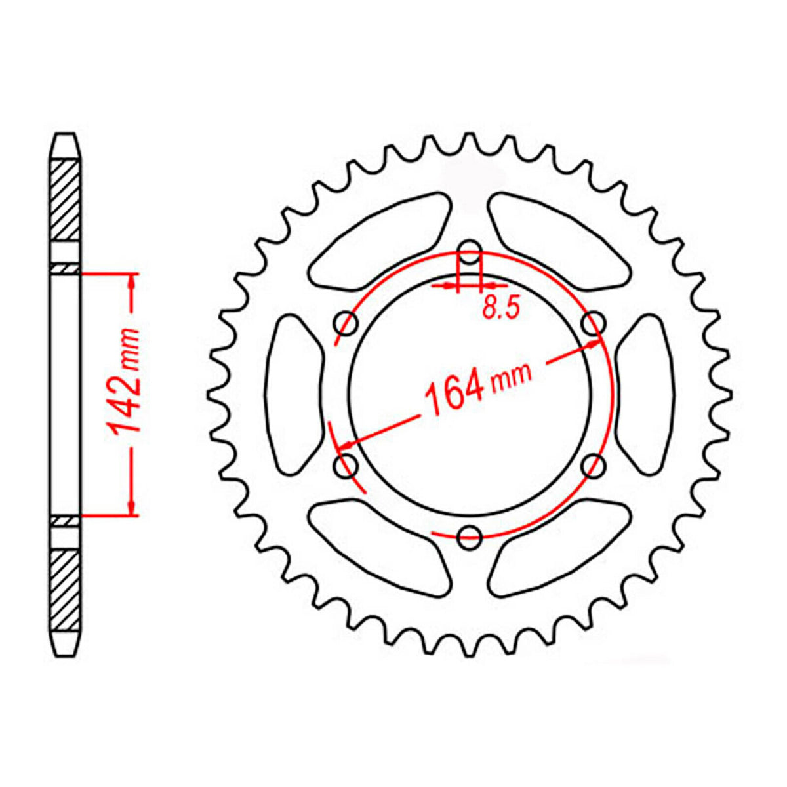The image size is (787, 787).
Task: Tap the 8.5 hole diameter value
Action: tap(501, 307)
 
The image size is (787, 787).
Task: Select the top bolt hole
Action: tap(470, 250)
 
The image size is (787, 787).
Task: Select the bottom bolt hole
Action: tap(470, 537)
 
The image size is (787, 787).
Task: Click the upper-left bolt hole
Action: tap(346, 323)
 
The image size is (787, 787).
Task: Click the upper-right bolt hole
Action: tap(594, 322)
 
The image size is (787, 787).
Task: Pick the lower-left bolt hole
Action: tap(346, 466)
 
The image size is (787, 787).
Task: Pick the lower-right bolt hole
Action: tap(594, 466)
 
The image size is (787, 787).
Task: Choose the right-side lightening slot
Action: tap(645, 393)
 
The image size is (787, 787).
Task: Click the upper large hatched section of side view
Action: tap(66, 199)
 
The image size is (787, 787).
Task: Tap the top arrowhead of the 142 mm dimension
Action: tap(132, 282)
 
